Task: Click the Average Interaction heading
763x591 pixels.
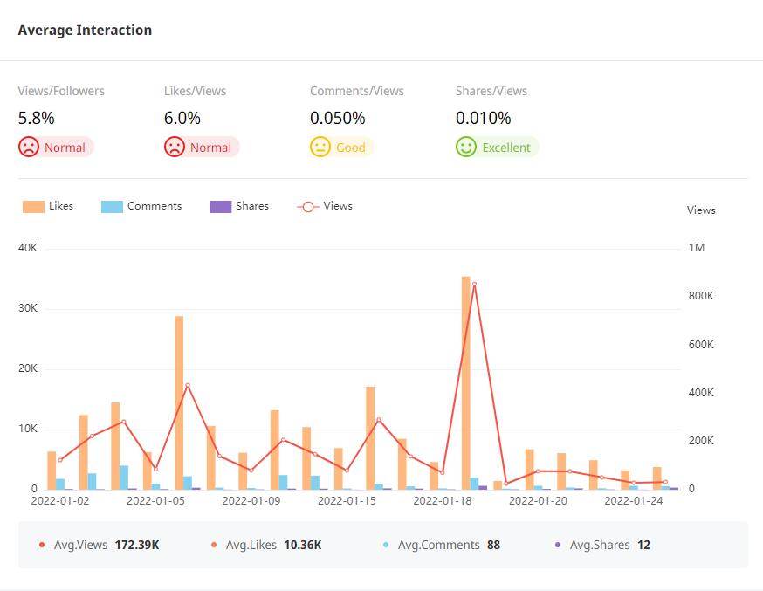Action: [85, 31]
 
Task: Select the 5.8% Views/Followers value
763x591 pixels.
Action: [37, 118]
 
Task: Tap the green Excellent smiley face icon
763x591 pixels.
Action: [466, 147]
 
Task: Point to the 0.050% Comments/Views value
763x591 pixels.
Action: [338, 118]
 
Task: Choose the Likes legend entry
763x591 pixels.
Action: [49, 206]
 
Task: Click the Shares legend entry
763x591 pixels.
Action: [239, 206]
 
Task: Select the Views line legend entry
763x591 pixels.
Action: [325, 206]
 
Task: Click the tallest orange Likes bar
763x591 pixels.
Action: [466, 382]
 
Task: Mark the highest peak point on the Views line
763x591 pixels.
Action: [474, 284]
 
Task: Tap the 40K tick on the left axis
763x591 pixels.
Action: [28, 248]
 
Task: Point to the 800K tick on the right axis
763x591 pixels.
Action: [701, 296]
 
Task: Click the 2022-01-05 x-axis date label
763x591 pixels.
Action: [155, 501]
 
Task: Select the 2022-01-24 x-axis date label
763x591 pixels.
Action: [634, 501]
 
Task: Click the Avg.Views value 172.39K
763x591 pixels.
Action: [137, 545]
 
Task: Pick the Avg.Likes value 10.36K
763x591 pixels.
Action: [303, 545]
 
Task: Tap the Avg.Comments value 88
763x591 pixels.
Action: [493, 545]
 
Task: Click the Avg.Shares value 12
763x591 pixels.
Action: [643, 545]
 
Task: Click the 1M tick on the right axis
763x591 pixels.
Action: [697, 248]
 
